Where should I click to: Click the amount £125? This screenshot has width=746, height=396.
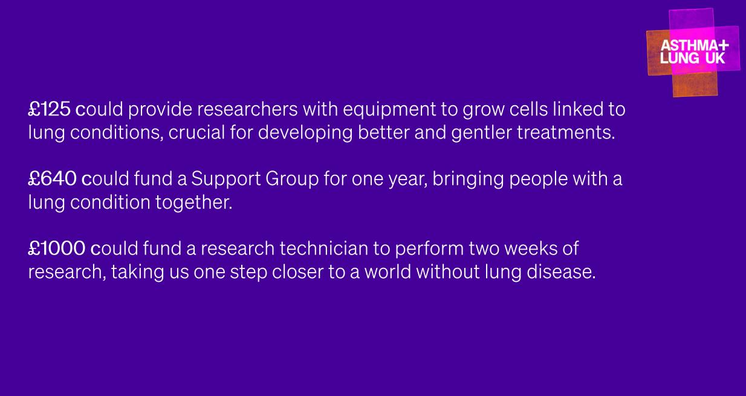(x=50, y=109)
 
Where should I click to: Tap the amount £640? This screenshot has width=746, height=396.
(x=52, y=179)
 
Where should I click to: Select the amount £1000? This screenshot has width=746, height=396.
(x=57, y=248)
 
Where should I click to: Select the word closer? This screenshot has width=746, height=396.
(x=297, y=272)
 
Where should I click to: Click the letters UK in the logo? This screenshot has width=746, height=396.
(x=715, y=58)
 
